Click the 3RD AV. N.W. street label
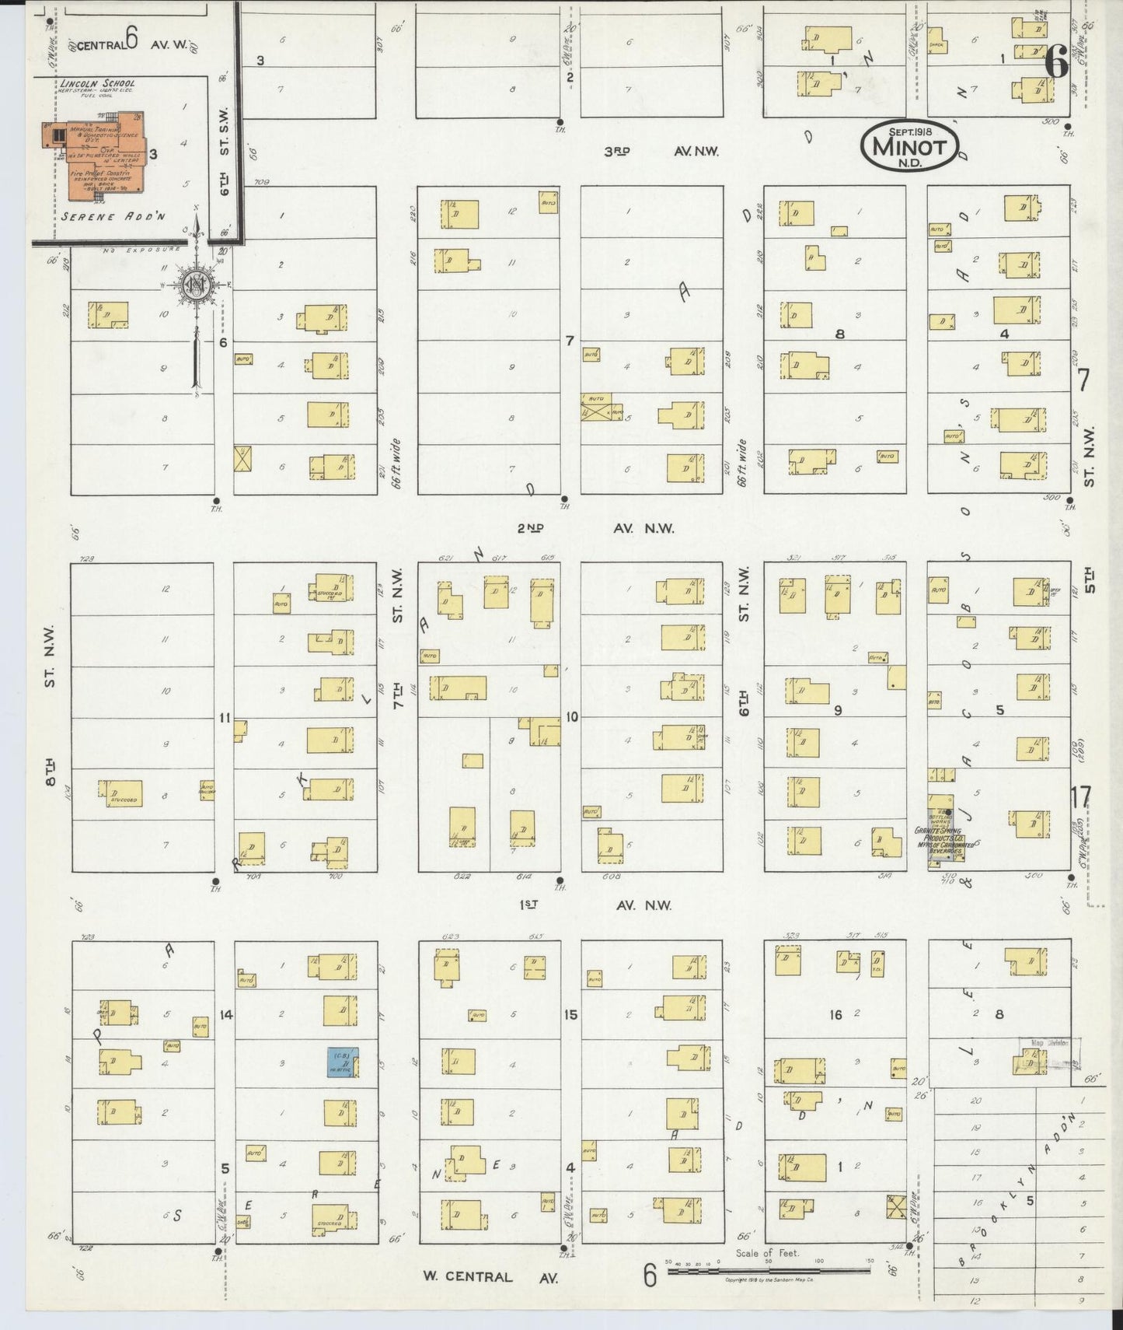[661, 152]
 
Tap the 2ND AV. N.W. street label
[595, 528]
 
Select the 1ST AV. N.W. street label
[595, 905]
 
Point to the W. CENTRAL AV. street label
[490, 1276]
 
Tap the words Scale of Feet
[767, 1253]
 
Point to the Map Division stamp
[1049, 1044]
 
